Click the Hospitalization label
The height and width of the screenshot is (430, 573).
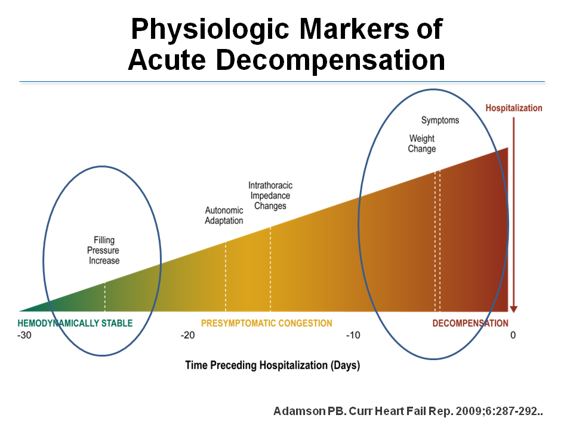click(x=513, y=108)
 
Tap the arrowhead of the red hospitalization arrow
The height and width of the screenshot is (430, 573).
click(x=513, y=309)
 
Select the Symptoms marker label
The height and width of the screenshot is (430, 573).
click(x=440, y=120)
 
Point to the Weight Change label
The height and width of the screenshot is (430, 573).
click(x=422, y=144)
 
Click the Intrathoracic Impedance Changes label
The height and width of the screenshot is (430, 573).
click(x=270, y=196)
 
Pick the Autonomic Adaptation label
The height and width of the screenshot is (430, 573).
click(x=224, y=216)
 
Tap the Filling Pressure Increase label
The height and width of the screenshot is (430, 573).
click(x=104, y=250)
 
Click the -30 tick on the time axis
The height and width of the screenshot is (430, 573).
click(x=24, y=335)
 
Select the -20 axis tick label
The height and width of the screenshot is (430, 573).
click(x=187, y=335)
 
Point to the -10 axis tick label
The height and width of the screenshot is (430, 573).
click(x=353, y=335)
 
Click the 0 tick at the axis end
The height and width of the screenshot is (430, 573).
click(x=513, y=335)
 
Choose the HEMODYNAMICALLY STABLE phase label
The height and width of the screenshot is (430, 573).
click(x=75, y=323)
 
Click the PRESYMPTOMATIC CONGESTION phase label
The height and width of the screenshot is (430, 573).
click(x=266, y=323)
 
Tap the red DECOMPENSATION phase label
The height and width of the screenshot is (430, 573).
click(x=470, y=323)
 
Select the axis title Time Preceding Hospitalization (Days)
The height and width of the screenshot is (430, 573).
click(x=273, y=365)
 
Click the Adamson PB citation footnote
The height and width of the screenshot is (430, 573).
click(x=408, y=411)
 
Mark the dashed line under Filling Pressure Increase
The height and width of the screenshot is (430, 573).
click(x=105, y=297)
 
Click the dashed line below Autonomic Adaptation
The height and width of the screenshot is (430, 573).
click(x=226, y=277)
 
